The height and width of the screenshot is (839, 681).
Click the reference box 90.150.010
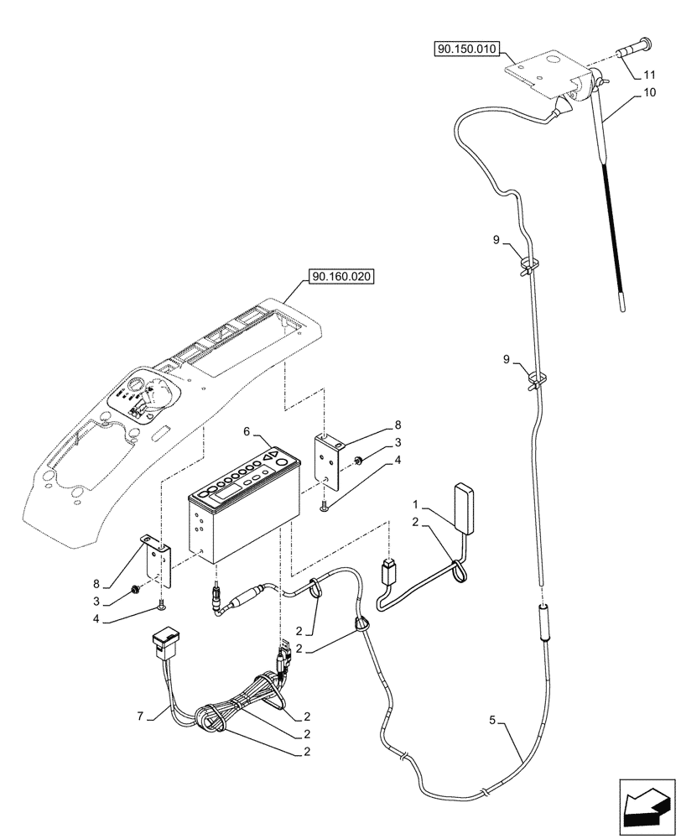click(x=467, y=50)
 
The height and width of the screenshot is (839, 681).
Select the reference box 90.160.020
click(x=342, y=276)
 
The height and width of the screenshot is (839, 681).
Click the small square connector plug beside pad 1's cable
click(x=388, y=573)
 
